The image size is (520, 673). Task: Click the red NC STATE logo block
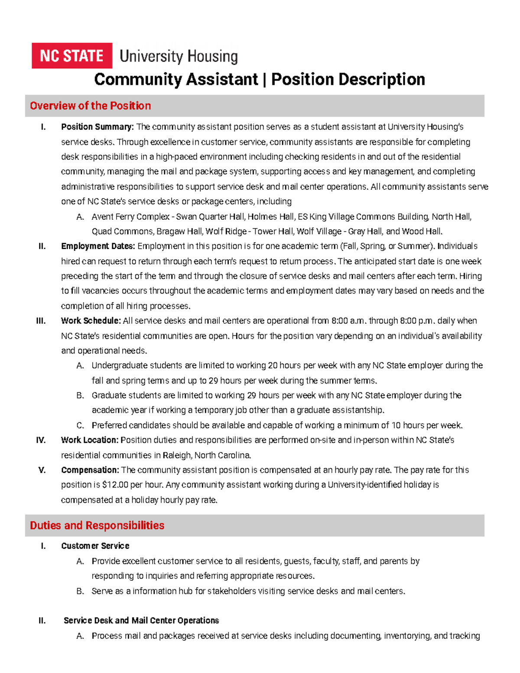coord(71,55)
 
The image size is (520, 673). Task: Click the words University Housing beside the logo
coord(178,56)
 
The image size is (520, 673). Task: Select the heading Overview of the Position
coord(90,106)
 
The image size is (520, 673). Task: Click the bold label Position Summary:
coord(97,127)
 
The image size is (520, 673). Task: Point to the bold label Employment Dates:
coord(98,246)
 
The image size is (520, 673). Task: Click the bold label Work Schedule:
coord(91,321)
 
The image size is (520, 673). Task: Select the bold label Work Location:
coord(90,440)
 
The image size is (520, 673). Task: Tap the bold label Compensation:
coord(90,470)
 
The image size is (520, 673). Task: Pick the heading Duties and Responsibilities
coord(97,525)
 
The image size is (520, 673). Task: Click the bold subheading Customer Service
coord(95,546)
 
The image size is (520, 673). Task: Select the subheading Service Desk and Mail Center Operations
coord(141,620)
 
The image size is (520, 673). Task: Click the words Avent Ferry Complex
coord(130,216)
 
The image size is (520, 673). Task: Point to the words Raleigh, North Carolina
coord(207,455)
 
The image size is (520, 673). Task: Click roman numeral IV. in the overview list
coord(41,440)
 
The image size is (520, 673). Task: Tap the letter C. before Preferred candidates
coord(80,425)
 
